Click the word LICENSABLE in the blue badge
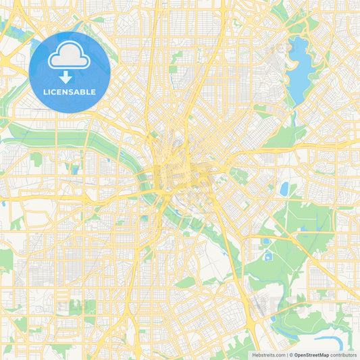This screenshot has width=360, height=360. pos(70,91)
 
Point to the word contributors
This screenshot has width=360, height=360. pos(343,354)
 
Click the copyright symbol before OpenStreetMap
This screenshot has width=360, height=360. pos(292,354)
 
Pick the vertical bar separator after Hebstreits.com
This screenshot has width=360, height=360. pos(286,354)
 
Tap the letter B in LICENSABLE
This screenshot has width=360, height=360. pos(84,91)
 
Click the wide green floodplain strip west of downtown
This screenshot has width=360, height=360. pos(61,138)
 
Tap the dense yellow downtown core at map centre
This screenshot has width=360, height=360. pos(177,172)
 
